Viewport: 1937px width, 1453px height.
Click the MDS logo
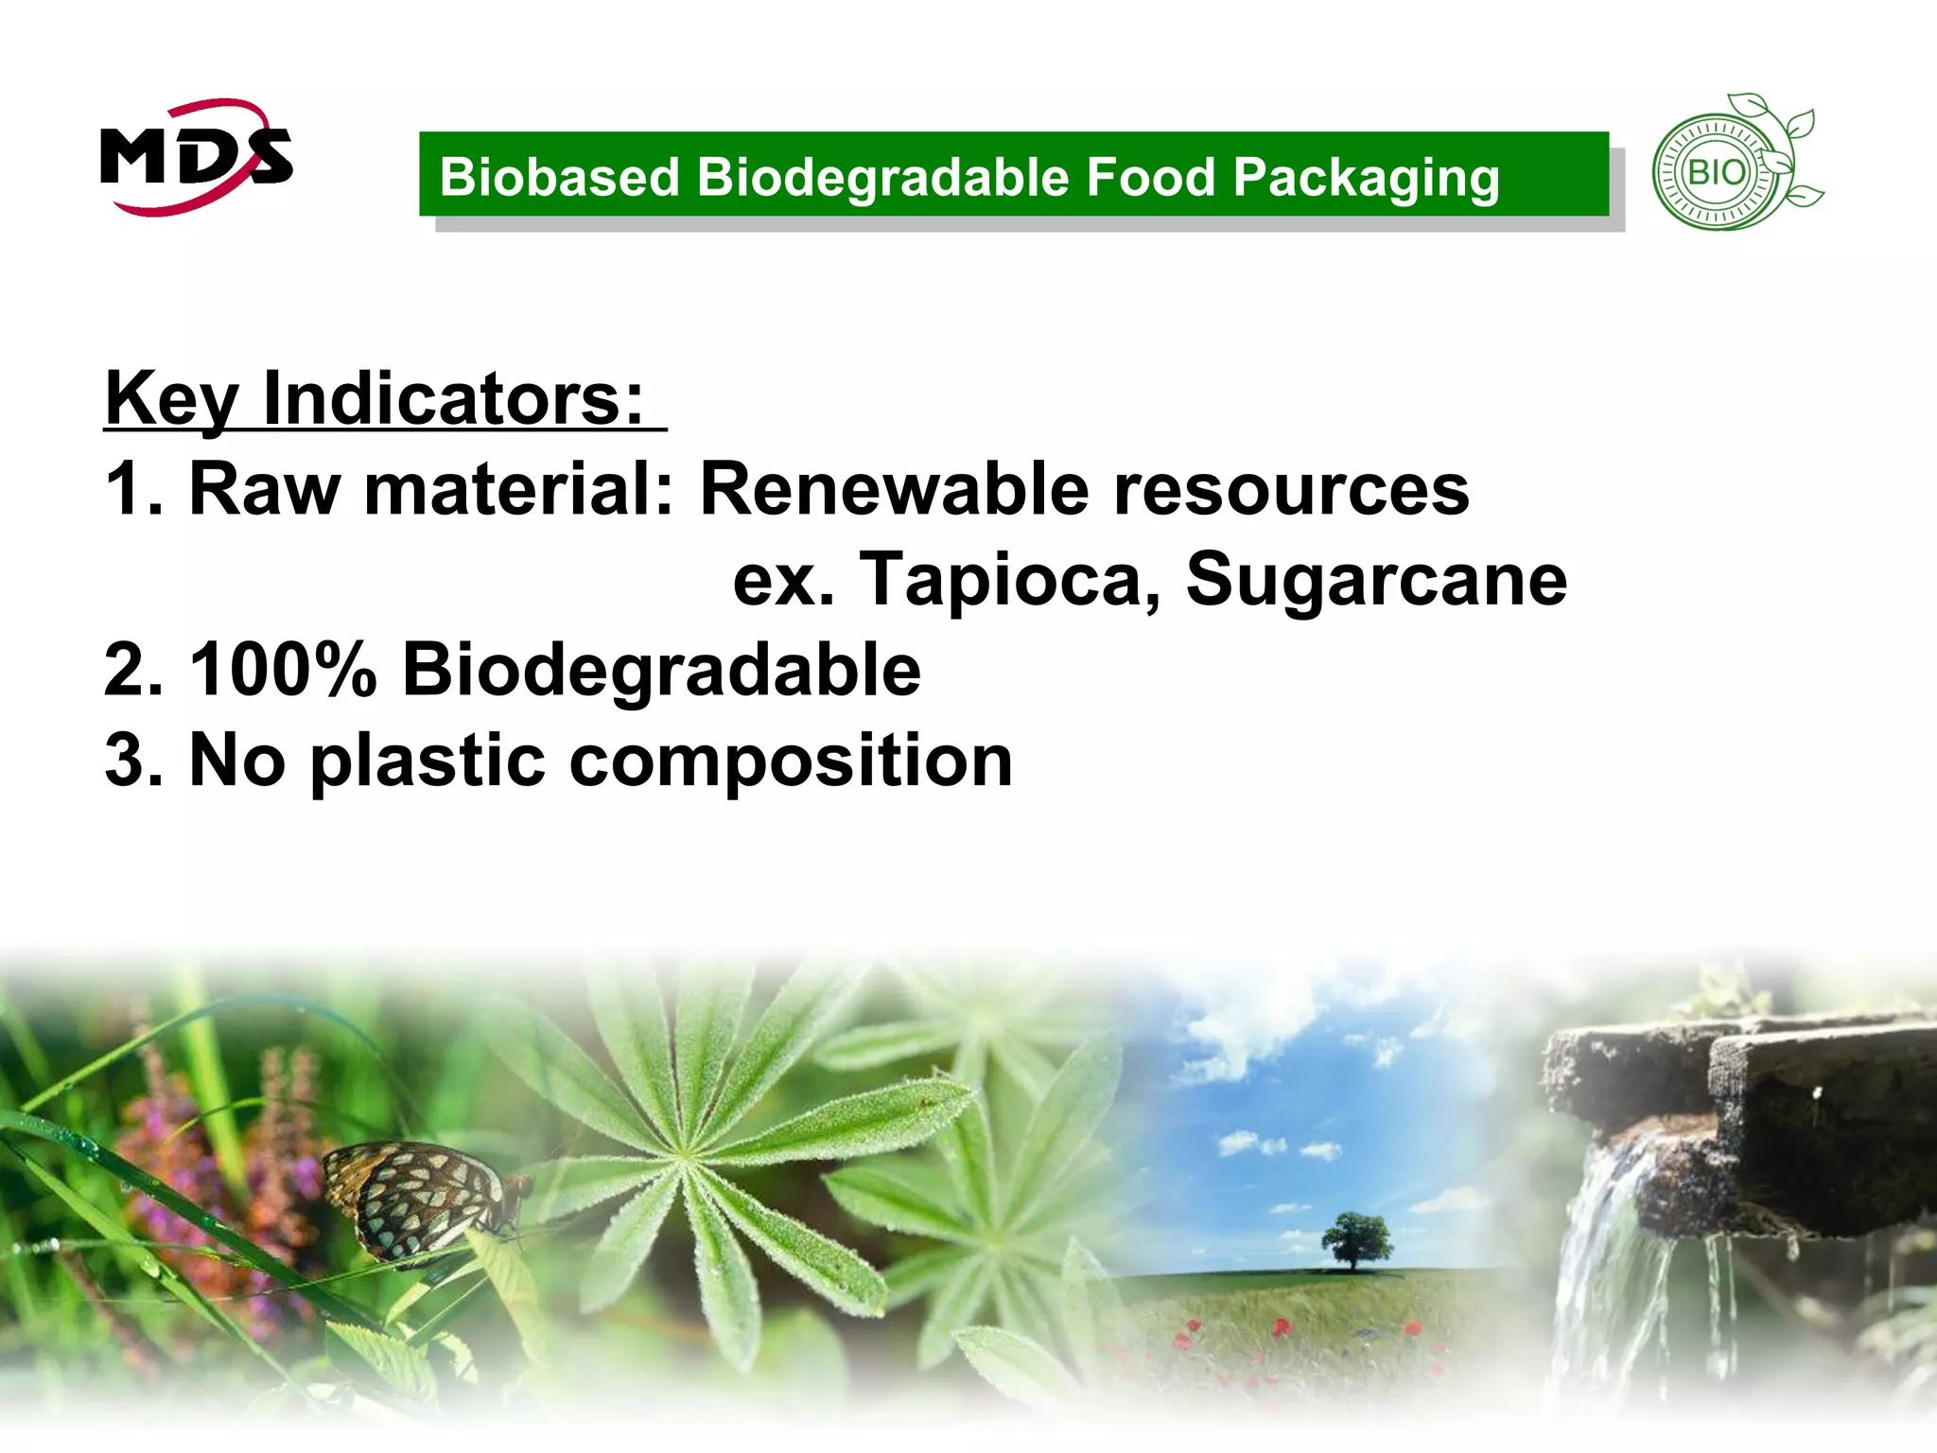click(x=196, y=157)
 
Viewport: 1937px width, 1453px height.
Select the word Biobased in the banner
click(x=559, y=177)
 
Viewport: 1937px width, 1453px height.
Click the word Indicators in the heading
click(x=454, y=397)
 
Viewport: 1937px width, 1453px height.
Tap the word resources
click(x=1291, y=490)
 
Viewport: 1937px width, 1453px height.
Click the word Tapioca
click(x=1009, y=579)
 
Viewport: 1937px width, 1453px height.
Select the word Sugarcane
click(x=1376, y=579)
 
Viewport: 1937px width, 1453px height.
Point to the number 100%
click(x=283, y=670)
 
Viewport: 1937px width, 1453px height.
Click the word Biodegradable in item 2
click(x=661, y=670)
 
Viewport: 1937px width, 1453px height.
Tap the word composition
click(x=791, y=761)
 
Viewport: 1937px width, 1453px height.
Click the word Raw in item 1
click(x=265, y=489)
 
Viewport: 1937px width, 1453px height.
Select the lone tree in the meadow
click(x=1355, y=1239)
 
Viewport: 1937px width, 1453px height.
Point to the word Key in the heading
click(x=170, y=398)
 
